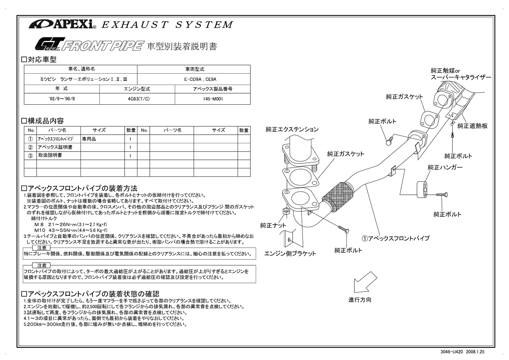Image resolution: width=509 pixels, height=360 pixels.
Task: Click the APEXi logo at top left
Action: coord(62,24)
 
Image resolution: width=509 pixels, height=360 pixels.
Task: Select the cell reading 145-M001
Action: coord(213,99)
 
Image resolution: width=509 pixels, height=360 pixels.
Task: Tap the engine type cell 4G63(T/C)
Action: coord(137,99)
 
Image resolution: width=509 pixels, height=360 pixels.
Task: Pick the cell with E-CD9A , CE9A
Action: coord(194,79)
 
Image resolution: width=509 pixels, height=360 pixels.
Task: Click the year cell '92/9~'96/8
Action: coord(62,99)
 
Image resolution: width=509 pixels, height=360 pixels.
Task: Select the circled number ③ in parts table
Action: coord(31,156)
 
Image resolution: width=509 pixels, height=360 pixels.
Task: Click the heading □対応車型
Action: coord(38,59)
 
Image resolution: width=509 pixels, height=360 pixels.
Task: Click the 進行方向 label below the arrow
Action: coord(360,300)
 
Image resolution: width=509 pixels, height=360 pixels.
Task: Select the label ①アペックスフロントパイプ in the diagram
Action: coord(395,238)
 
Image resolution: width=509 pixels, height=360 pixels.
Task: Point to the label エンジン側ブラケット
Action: coord(290,254)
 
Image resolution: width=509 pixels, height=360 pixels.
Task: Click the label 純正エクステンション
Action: coord(292,129)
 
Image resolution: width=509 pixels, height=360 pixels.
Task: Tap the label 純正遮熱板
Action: coord(472,126)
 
